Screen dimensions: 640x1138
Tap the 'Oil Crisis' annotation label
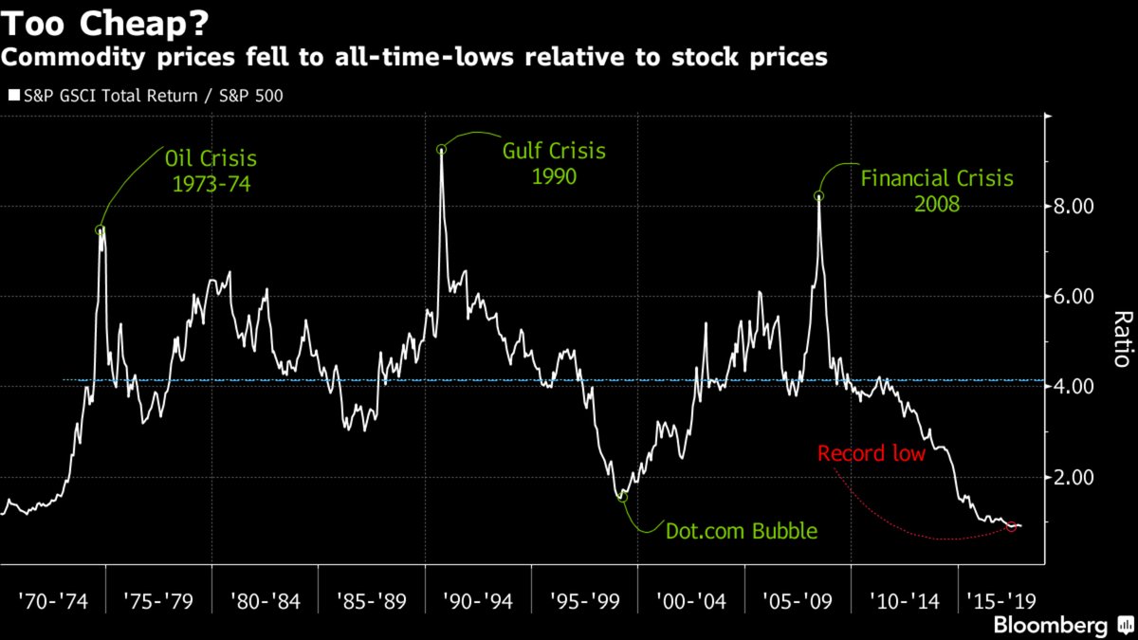[211, 155]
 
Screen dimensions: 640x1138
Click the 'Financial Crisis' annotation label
[937, 178]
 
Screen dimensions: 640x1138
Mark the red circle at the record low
[1012, 526]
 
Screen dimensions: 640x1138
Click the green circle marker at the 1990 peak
[441, 149]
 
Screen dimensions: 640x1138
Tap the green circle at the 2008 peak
[818, 196]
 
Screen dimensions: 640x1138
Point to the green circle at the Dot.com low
[623, 496]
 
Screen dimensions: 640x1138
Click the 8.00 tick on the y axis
[1081, 207]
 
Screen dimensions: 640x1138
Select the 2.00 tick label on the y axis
[1081, 478]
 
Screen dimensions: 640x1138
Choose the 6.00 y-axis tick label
[1081, 297]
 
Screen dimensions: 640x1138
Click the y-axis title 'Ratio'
[1122, 339]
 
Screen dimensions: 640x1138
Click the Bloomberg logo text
[1050, 625]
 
